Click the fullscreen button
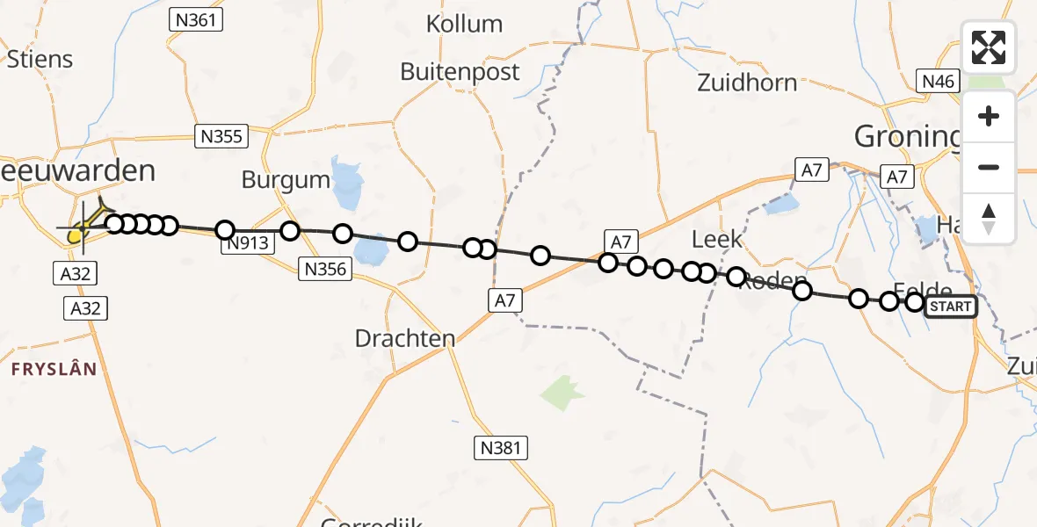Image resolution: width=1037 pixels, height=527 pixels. coord(989,47)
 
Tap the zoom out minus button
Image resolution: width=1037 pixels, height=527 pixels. coord(989,167)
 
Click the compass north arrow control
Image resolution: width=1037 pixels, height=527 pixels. coord(989,218)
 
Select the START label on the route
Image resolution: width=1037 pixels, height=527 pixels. coord(951,306)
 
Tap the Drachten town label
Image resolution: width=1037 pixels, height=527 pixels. coord(405,338)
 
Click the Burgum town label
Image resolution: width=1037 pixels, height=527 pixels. coord(286,181)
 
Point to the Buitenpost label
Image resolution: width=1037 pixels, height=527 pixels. coord(460,71)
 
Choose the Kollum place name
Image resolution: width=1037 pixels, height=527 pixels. coord(464,24)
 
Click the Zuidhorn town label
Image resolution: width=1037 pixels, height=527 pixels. coord(747,83)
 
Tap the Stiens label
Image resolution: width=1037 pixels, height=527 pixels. coord(40,59)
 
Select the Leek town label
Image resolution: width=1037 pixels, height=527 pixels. coord(716,239)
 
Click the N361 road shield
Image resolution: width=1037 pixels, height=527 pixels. coord(195,20)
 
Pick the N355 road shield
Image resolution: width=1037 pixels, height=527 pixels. coord(221,136)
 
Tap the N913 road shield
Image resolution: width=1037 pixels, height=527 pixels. coord(247,244)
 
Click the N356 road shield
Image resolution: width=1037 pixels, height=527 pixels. coord(325,269)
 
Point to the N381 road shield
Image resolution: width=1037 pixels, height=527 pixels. coord(502,448)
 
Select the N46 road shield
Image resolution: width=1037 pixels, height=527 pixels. coord(938,82)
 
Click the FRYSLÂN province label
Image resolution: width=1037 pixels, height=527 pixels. coord(54,369)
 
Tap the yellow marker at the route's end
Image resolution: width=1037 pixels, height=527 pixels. coord(77,235)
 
